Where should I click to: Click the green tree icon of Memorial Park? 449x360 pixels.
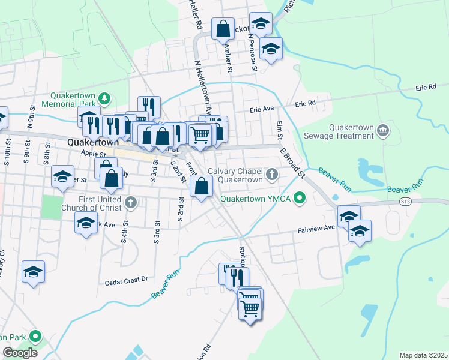coord(104,97)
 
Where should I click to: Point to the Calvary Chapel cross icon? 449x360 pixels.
coord(272,175)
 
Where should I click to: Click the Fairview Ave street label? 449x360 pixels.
coord(316,229)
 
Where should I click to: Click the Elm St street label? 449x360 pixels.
coord(279,127)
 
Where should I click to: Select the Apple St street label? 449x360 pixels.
coord(92,154)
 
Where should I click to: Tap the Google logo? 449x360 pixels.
coord(20,353)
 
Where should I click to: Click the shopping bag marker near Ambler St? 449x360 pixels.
coord(223,28)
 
